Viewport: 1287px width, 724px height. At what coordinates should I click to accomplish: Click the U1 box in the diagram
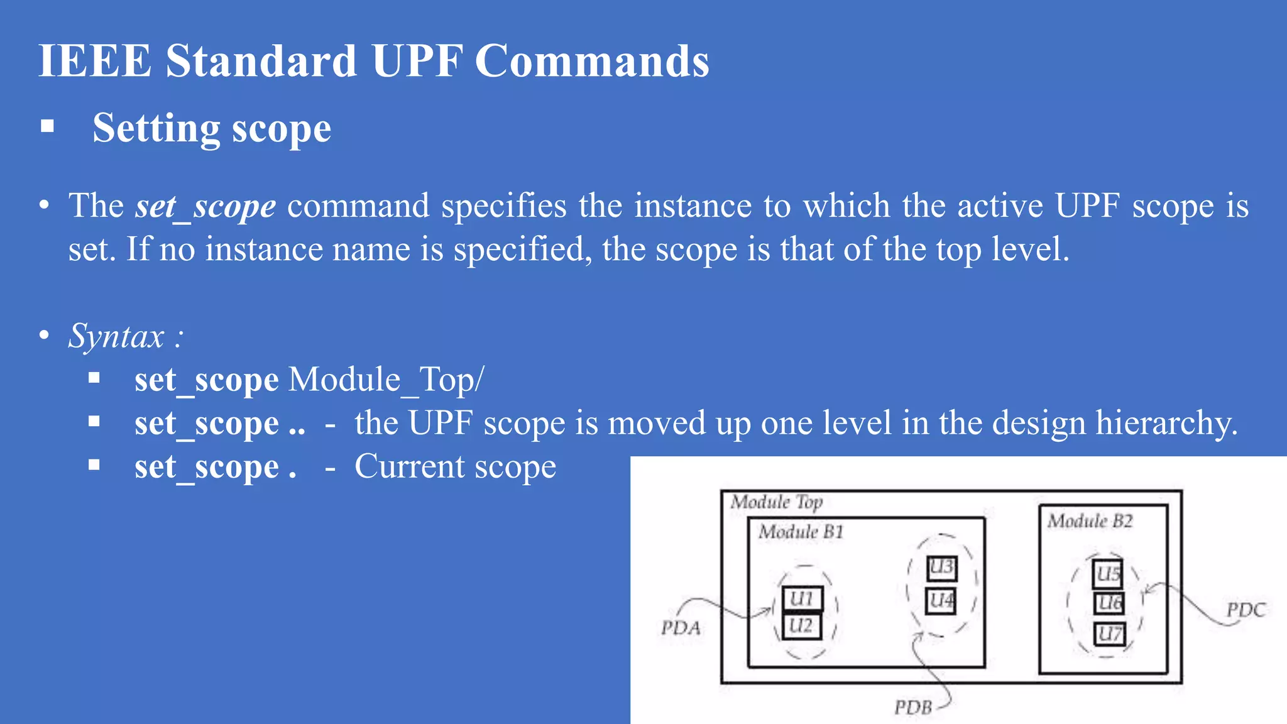[x=802, y=598]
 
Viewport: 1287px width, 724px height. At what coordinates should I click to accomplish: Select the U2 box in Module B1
[x=801, y=626]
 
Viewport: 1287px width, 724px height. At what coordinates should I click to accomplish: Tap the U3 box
[x=941, y=568]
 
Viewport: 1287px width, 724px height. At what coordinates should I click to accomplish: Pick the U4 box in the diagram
[x=941, y=601]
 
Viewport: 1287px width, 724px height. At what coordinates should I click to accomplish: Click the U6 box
[x=1109, y=603]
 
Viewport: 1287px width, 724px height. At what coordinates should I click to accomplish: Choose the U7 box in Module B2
[x=1109, y=633]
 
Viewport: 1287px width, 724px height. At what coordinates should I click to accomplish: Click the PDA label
[x=681, y=628]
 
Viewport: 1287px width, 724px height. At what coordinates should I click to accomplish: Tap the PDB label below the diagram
[x=913, y=708]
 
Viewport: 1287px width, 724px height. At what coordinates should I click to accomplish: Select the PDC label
[x=1246, y=610]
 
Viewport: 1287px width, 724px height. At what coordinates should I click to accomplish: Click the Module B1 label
[x=801, y=532]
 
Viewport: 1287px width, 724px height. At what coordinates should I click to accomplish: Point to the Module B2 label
[x=1090, y=521]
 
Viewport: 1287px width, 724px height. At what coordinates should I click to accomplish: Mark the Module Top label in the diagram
[x=777, y=502]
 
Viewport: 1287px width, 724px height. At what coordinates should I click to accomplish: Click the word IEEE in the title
[x=95, y=61]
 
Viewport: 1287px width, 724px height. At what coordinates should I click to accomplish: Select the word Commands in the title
[x=592, y=61]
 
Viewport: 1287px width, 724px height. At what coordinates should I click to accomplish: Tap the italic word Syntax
[x=116, y=336]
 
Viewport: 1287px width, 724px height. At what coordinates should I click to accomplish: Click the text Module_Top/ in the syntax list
[x=386, y=380]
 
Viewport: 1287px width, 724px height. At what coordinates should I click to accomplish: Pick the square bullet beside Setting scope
[x=47, y=126]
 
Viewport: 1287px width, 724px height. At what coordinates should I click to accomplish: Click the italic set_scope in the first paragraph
[x=205, y=206]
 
